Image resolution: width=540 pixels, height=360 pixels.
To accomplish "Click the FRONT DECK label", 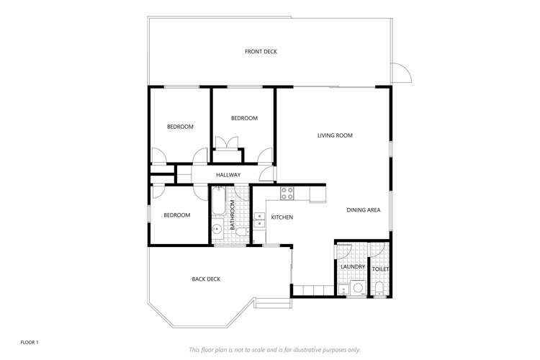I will pyautogui.click(x=261, y=52).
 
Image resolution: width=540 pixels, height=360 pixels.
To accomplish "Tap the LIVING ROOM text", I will pyautogui.click(x=335, y=135).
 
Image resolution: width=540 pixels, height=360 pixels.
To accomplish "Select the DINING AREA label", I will pyautogui.click(x=364, y=210).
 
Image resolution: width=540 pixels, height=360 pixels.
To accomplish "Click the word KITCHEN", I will pyautogui.click(x=282, y=217).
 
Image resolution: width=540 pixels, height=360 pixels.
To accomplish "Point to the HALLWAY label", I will pyautogui.click(x=228, y=175).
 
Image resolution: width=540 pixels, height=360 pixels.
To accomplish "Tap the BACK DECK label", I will pyautogui.click(x=206, y=279).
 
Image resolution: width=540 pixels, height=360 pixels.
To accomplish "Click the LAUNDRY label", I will pyautogui.click(x=353, y=267).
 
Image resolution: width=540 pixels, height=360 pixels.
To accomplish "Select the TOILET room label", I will pyautogui.click(x=381, y=269).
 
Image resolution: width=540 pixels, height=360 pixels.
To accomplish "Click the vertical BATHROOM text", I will pyautogui.click(x=233, y=216).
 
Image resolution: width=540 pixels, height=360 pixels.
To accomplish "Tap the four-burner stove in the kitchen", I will pyautogui.click(x=287, y=192).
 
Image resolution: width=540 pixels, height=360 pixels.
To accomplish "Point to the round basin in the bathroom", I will pyautogui.click(x=217, y=231).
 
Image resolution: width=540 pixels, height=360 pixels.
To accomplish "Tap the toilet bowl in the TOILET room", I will pyautogui.click(x=379, y=289).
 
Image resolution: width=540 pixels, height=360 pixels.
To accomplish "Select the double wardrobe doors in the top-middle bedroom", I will pyautogui.click(x=228, y=143).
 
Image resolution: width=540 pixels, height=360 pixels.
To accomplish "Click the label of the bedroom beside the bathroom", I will pyautogui.click(x=176, y=215).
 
